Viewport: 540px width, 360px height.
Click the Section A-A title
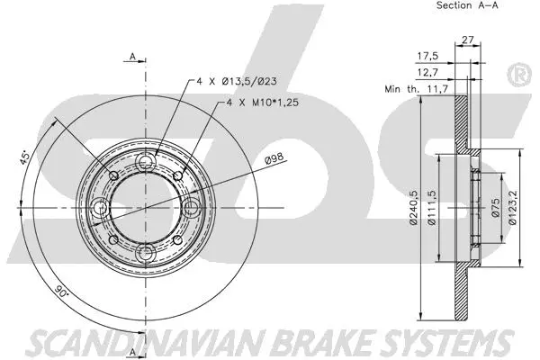coord(467,5)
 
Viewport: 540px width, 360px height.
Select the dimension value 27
coord(467,39)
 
